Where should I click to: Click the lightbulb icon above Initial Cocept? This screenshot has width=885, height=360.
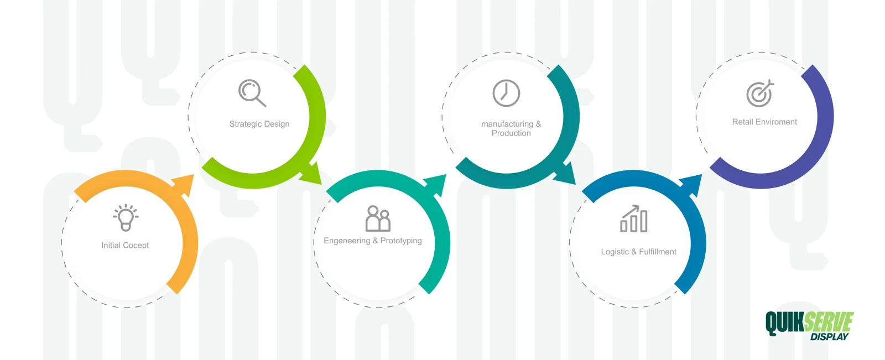(x=126, y=217)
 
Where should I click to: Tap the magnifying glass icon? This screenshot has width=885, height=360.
(x=252, y=93)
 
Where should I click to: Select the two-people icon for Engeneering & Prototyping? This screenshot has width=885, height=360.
(x=378, y=218)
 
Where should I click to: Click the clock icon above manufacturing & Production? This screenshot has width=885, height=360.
(x=506, y=93)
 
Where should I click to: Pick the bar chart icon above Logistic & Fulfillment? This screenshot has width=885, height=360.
(x=634, y=218)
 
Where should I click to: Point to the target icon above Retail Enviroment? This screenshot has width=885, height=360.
(x=760, y=93)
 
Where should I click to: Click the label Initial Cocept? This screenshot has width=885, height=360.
(x=125, y=246)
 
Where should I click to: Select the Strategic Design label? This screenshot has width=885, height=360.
(x=259, y=124)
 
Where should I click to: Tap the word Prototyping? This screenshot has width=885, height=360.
(x=401, y=241)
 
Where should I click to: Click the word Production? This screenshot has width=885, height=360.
(x=511, y=133)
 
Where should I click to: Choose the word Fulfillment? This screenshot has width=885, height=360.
(x=658, y=252)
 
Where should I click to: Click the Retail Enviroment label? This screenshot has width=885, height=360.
(x=764, y=122)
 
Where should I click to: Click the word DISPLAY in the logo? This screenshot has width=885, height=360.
(x=829, y=337)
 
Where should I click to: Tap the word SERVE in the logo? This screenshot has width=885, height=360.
(x=829, y=322)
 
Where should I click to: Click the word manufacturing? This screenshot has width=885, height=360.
(x=507, y=124)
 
